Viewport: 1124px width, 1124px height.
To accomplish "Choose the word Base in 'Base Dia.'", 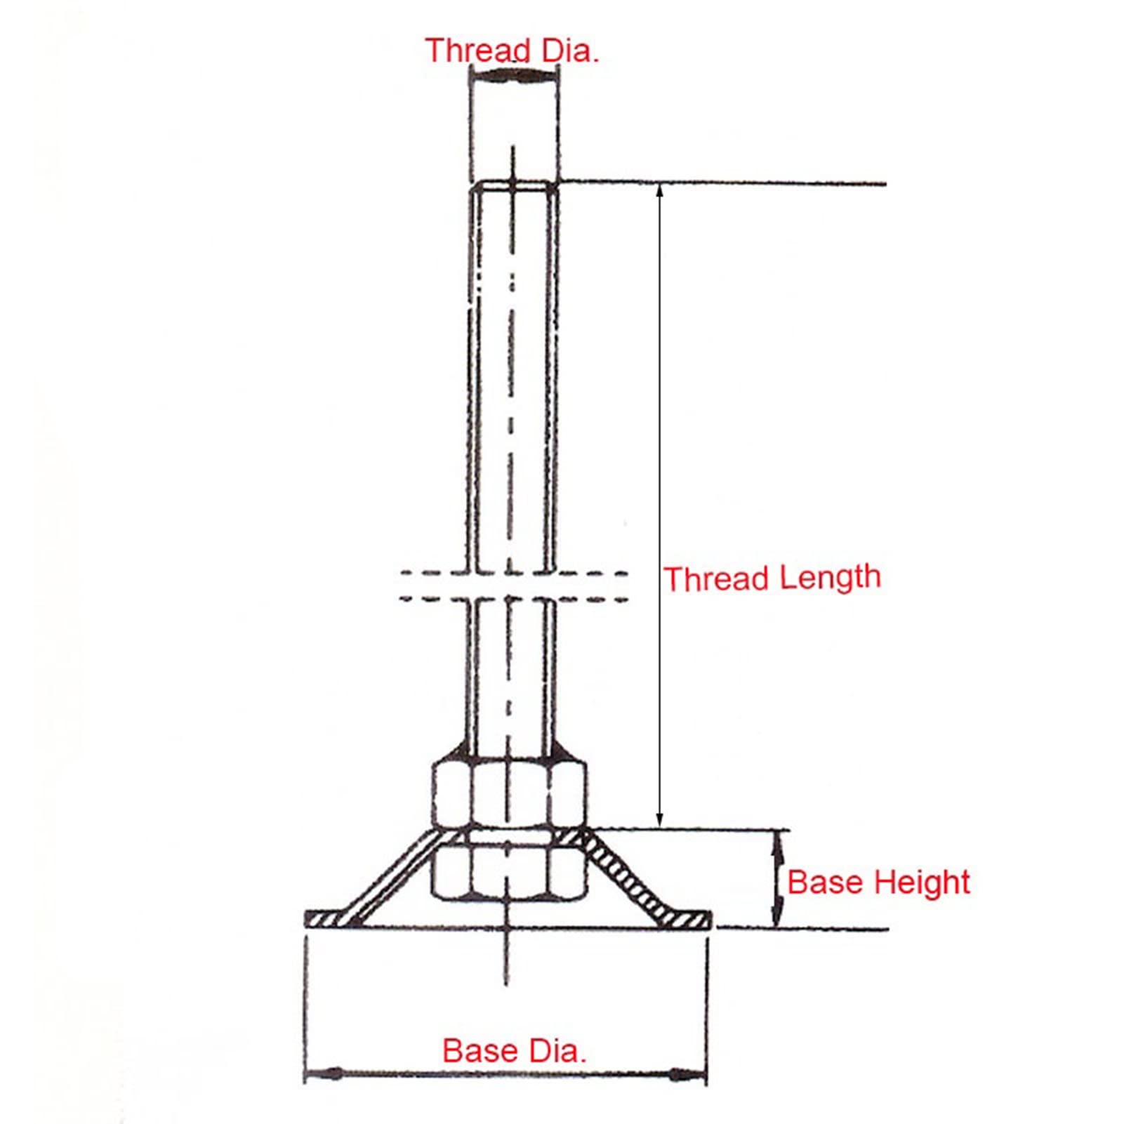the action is pos(477,1051).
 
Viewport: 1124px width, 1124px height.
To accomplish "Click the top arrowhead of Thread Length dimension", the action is pos(659,191).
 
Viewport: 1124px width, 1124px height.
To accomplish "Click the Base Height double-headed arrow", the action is pos(776,880).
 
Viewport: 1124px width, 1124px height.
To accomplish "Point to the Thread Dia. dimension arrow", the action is pos(515,77).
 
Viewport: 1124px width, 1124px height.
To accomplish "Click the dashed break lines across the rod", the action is pos(513,586).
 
